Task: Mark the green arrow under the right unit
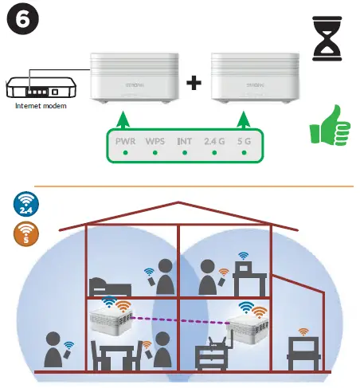coord(242,120)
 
